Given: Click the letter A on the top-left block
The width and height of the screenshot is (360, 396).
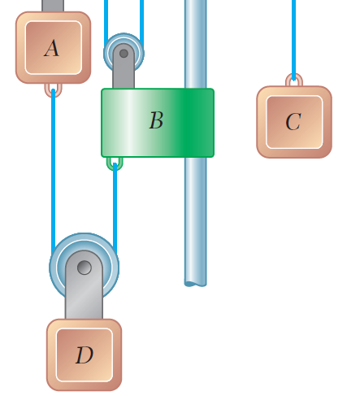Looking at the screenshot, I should (51, 49).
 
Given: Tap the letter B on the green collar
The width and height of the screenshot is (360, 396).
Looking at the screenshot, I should (156, 121).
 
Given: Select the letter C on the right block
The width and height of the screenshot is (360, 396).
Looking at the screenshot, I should (293, 122).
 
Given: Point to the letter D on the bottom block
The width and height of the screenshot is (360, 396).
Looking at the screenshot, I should (84, 355).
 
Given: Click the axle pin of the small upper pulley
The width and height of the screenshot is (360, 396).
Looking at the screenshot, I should (124, 54).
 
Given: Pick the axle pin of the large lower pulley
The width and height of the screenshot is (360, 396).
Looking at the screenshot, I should (84, 267).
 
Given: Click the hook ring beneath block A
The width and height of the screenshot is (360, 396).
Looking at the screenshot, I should (53, 88).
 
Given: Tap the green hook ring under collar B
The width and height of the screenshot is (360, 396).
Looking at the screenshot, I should (115, 163).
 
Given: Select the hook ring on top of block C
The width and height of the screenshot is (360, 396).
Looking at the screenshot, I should (293, 81).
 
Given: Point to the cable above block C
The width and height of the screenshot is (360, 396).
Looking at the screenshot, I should (293, 33).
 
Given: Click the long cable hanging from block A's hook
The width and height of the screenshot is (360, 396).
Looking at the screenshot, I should (54, 171).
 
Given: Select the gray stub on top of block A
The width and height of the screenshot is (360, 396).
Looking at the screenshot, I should (53, 6).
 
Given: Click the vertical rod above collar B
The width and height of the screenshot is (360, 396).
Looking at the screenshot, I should (195, 41).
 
